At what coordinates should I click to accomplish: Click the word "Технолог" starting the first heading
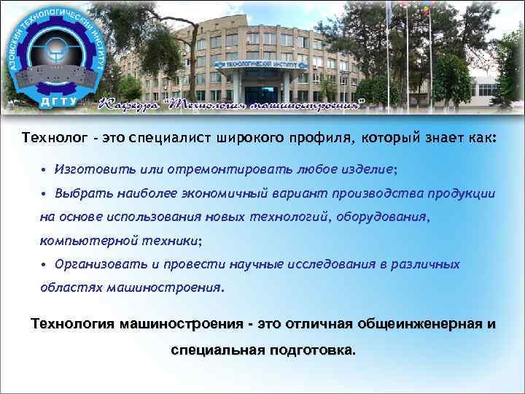pyautogui.click(x=49, y=137)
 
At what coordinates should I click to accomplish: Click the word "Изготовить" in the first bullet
pyautogui.click(x=87, y=169)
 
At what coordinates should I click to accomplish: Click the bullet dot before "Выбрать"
pyautogui.click(x=44, y=193)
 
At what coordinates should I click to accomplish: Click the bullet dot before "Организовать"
pyautogui.click(x=44, y=263)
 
